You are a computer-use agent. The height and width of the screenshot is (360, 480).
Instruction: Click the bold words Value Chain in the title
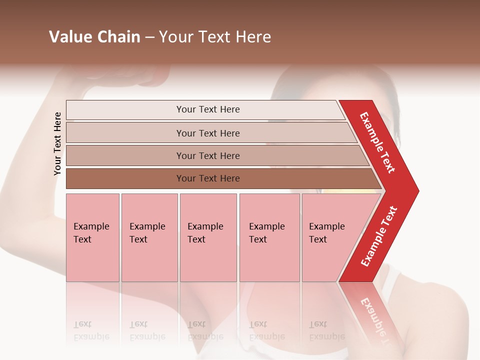94,37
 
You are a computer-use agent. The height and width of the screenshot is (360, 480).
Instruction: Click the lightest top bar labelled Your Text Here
207,109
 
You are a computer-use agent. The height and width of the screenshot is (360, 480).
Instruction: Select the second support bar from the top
208,133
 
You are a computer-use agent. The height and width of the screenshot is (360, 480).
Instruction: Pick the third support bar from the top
208,155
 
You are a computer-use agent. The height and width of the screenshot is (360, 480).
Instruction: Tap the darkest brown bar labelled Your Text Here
208,178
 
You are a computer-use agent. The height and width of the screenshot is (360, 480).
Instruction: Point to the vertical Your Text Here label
57,143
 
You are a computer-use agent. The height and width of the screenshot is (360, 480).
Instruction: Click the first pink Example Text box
92,237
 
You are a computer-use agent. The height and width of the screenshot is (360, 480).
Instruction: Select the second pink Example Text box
149,237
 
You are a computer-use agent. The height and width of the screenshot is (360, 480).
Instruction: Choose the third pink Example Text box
208,237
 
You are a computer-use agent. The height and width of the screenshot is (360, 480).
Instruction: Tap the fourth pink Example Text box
269,237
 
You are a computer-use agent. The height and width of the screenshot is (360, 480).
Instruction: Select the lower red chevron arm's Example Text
379,236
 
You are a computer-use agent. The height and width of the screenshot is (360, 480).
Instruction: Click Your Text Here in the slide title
215,37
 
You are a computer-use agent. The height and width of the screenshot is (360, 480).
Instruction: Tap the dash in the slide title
149,37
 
